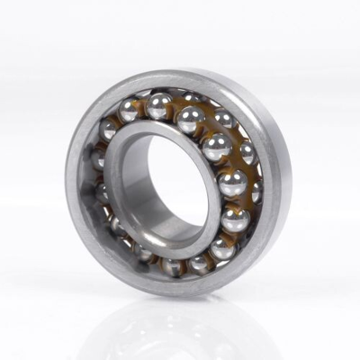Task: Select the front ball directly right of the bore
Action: click(232, 183)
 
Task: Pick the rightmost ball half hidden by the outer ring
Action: click(256, 191)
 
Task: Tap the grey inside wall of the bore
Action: click(144, 180)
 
